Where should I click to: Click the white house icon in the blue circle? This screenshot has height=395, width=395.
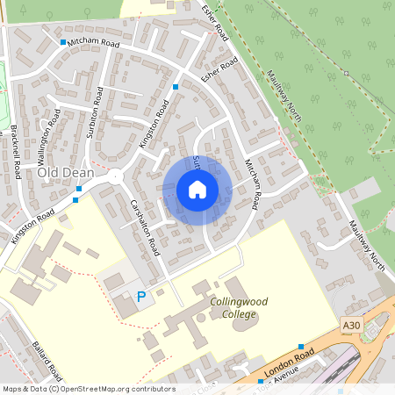click(x=197, y=190)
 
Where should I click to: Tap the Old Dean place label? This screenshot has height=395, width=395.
click(x=61, y=174)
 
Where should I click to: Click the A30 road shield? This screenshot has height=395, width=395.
click(x=351, y=326)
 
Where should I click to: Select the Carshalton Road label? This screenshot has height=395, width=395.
click(x=144, y=226)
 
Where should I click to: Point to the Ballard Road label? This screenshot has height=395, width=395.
click(x=44, y=360)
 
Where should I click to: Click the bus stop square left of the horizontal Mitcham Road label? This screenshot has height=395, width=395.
click(x=63, y=42)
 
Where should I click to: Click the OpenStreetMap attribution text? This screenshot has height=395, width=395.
click(x=89, y=389)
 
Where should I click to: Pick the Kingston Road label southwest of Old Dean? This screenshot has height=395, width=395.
click(x=32, y=226)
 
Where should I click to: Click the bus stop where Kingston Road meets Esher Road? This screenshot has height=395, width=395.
click(x=176, y=87)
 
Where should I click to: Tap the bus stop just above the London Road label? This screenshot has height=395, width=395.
click(x=301, y=347)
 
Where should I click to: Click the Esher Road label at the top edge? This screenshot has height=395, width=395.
click(x=214, y=21)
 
